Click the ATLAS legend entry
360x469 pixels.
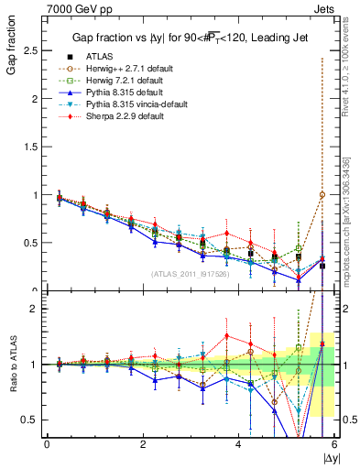point(99,55)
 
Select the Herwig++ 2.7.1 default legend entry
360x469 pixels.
point(126,68)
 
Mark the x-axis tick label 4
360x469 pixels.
point(238,444)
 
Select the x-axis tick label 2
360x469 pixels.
point(143,444)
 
